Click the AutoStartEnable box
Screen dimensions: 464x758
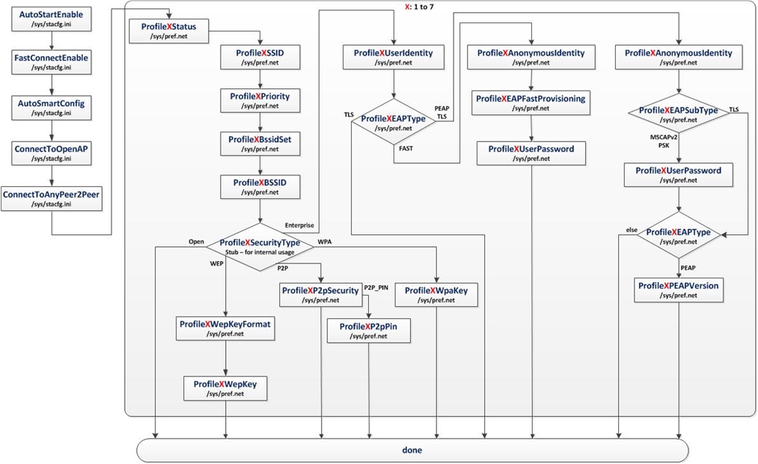tap(51, 19)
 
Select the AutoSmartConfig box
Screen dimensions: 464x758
tap(51, 108)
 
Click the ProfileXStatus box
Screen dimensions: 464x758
tap(169, 31)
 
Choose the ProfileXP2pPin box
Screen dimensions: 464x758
tap(369, 331)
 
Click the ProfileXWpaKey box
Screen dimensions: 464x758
tap(435, 295)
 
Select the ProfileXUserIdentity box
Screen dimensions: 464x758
tap(394, 58)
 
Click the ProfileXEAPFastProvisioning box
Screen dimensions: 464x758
tap(531, 103)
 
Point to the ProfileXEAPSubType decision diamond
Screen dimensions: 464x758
tap(677, 114)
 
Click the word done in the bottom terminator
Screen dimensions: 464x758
tap(412, 450)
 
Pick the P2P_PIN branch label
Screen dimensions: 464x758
tap(377, 287)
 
